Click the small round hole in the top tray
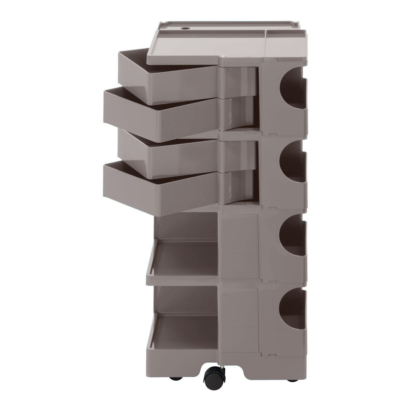(185, 28)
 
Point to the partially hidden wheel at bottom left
(176, 378)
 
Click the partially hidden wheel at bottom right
(293, 379)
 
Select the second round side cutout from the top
(293, 161)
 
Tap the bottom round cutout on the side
(293, 309)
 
